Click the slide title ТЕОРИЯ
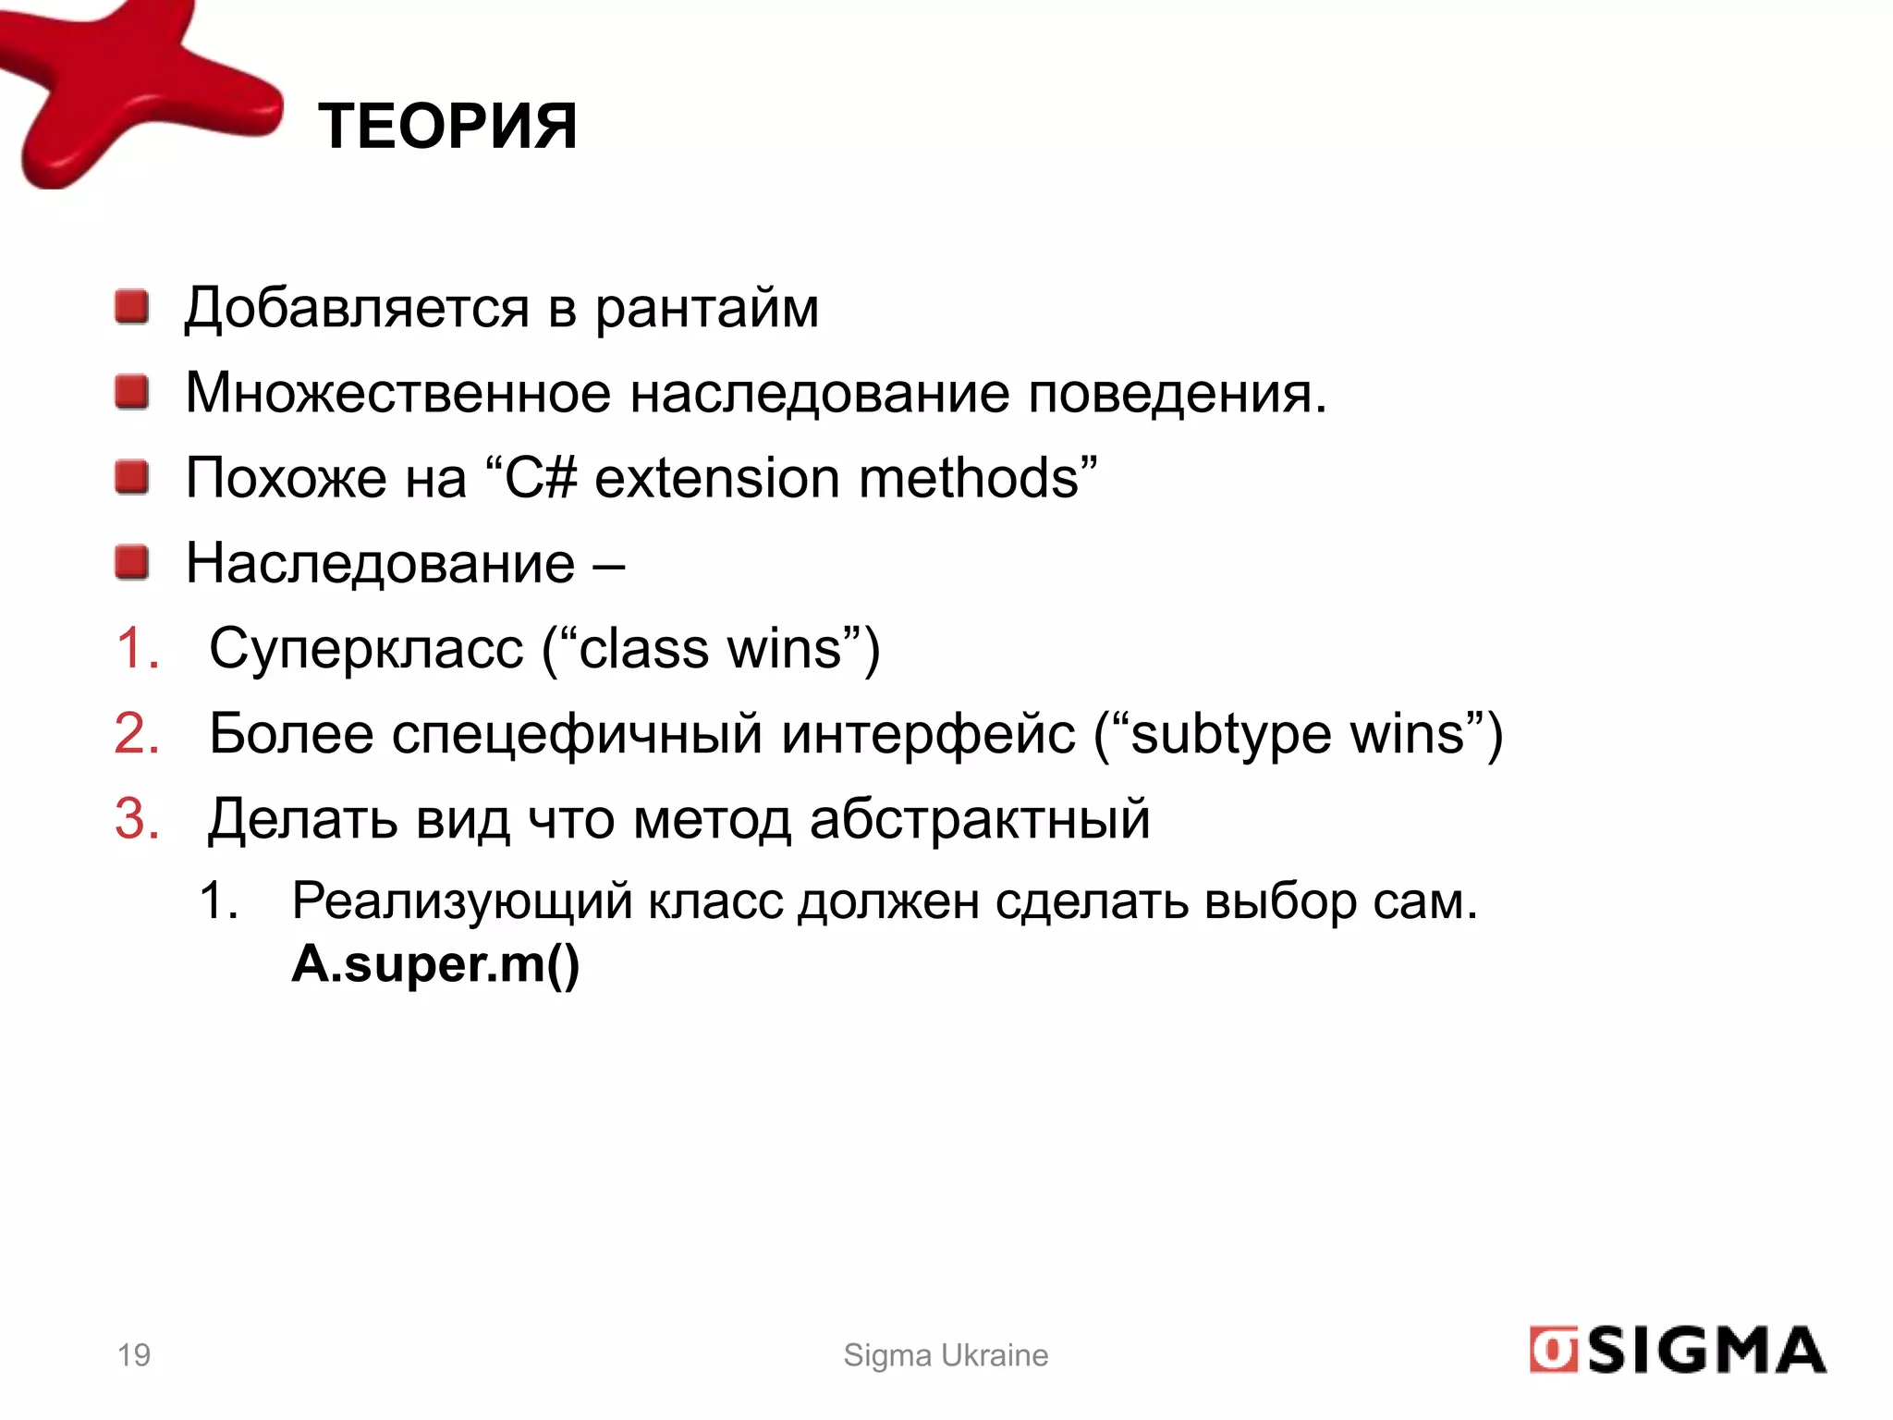pos(447,126)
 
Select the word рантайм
pos(706,309)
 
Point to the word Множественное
pos(397,392)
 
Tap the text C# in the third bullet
pos(541,478)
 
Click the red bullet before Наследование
pos(132,562)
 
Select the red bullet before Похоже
pos(132,477)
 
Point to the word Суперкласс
pos(366,649)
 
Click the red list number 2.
pos(137,734)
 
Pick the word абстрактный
pos(980,819)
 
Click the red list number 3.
pos(137,819)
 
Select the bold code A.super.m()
pos(435,965)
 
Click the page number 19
pos(134,1354)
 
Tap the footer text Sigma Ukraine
pos(946,1354)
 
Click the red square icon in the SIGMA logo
pos(1553,1351)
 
